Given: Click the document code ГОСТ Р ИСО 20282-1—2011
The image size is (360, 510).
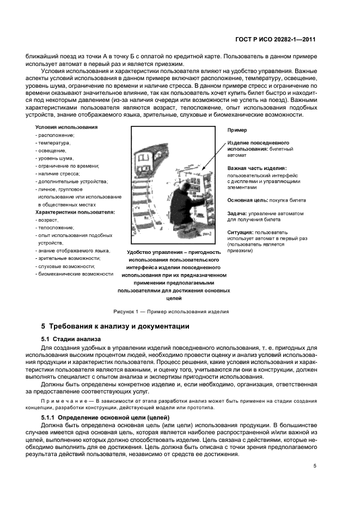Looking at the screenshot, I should tap(276, 40).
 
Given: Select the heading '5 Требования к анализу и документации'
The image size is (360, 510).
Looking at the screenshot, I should tap(115, 326).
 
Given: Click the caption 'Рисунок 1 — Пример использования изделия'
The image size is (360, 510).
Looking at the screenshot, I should tap(171, 312).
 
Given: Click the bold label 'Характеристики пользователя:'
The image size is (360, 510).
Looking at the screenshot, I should tap(75, 211).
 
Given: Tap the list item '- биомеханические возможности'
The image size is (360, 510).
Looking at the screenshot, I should tap(74, 274).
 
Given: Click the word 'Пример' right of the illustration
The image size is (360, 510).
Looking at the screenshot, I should tap(237, 130).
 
